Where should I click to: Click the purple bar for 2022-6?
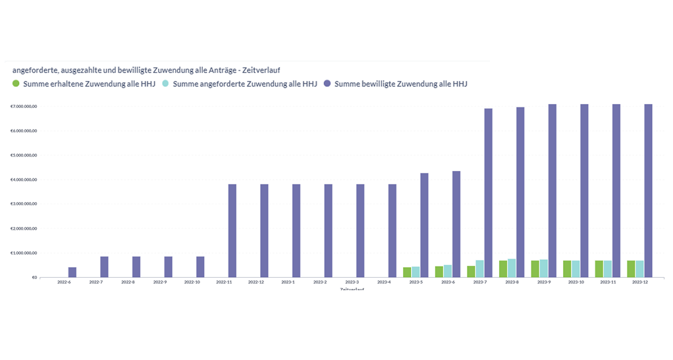72,272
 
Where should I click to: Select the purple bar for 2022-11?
232,230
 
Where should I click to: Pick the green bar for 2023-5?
407,272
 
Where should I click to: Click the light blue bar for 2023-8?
512,268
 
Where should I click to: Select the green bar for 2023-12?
632,269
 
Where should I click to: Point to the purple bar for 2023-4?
392,230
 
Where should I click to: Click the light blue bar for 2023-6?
448,270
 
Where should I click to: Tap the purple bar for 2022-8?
136,267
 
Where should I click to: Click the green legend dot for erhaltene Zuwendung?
16,84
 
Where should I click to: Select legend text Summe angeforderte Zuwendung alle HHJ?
245,84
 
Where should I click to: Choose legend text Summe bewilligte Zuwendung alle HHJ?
400,84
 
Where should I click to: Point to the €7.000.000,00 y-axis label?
24,107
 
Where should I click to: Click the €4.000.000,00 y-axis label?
24,180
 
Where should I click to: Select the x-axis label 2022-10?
192,282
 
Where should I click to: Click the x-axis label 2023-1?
288,282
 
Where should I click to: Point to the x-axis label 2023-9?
544,282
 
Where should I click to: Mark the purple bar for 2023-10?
584,190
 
